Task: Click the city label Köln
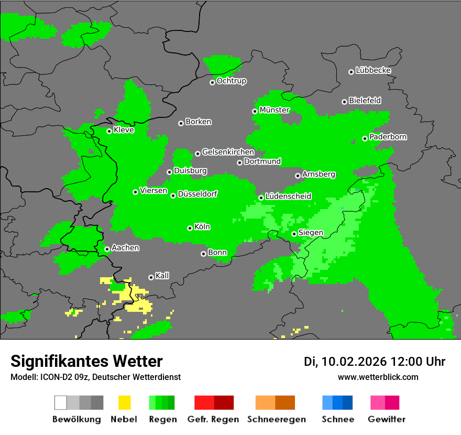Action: click(x=202, y=227)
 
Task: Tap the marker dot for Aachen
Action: click(x=107, y=249)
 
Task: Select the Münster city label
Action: click(x=275, y=110)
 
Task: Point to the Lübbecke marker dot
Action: click(x=351, y=72)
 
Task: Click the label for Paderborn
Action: click(x=388, y=137)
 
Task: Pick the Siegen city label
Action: click(x=311, y=233)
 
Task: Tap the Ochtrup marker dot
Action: click(x=212, y=82)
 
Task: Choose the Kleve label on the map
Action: click(x=124, y=130)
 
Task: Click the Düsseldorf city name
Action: click(x=197, y=194)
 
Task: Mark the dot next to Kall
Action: click(x=151, y=277)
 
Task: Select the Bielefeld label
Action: click(x=365, y=101)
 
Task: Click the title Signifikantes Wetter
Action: click(x=86, y=361)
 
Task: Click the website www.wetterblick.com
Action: click(x=378, y=377)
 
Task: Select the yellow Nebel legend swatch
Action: click(x=124, y=403)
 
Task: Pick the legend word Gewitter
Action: click(x=386, y=419)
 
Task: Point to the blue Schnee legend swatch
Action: click(x=337, y=403)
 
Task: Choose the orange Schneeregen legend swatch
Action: click(x=275, y=403)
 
